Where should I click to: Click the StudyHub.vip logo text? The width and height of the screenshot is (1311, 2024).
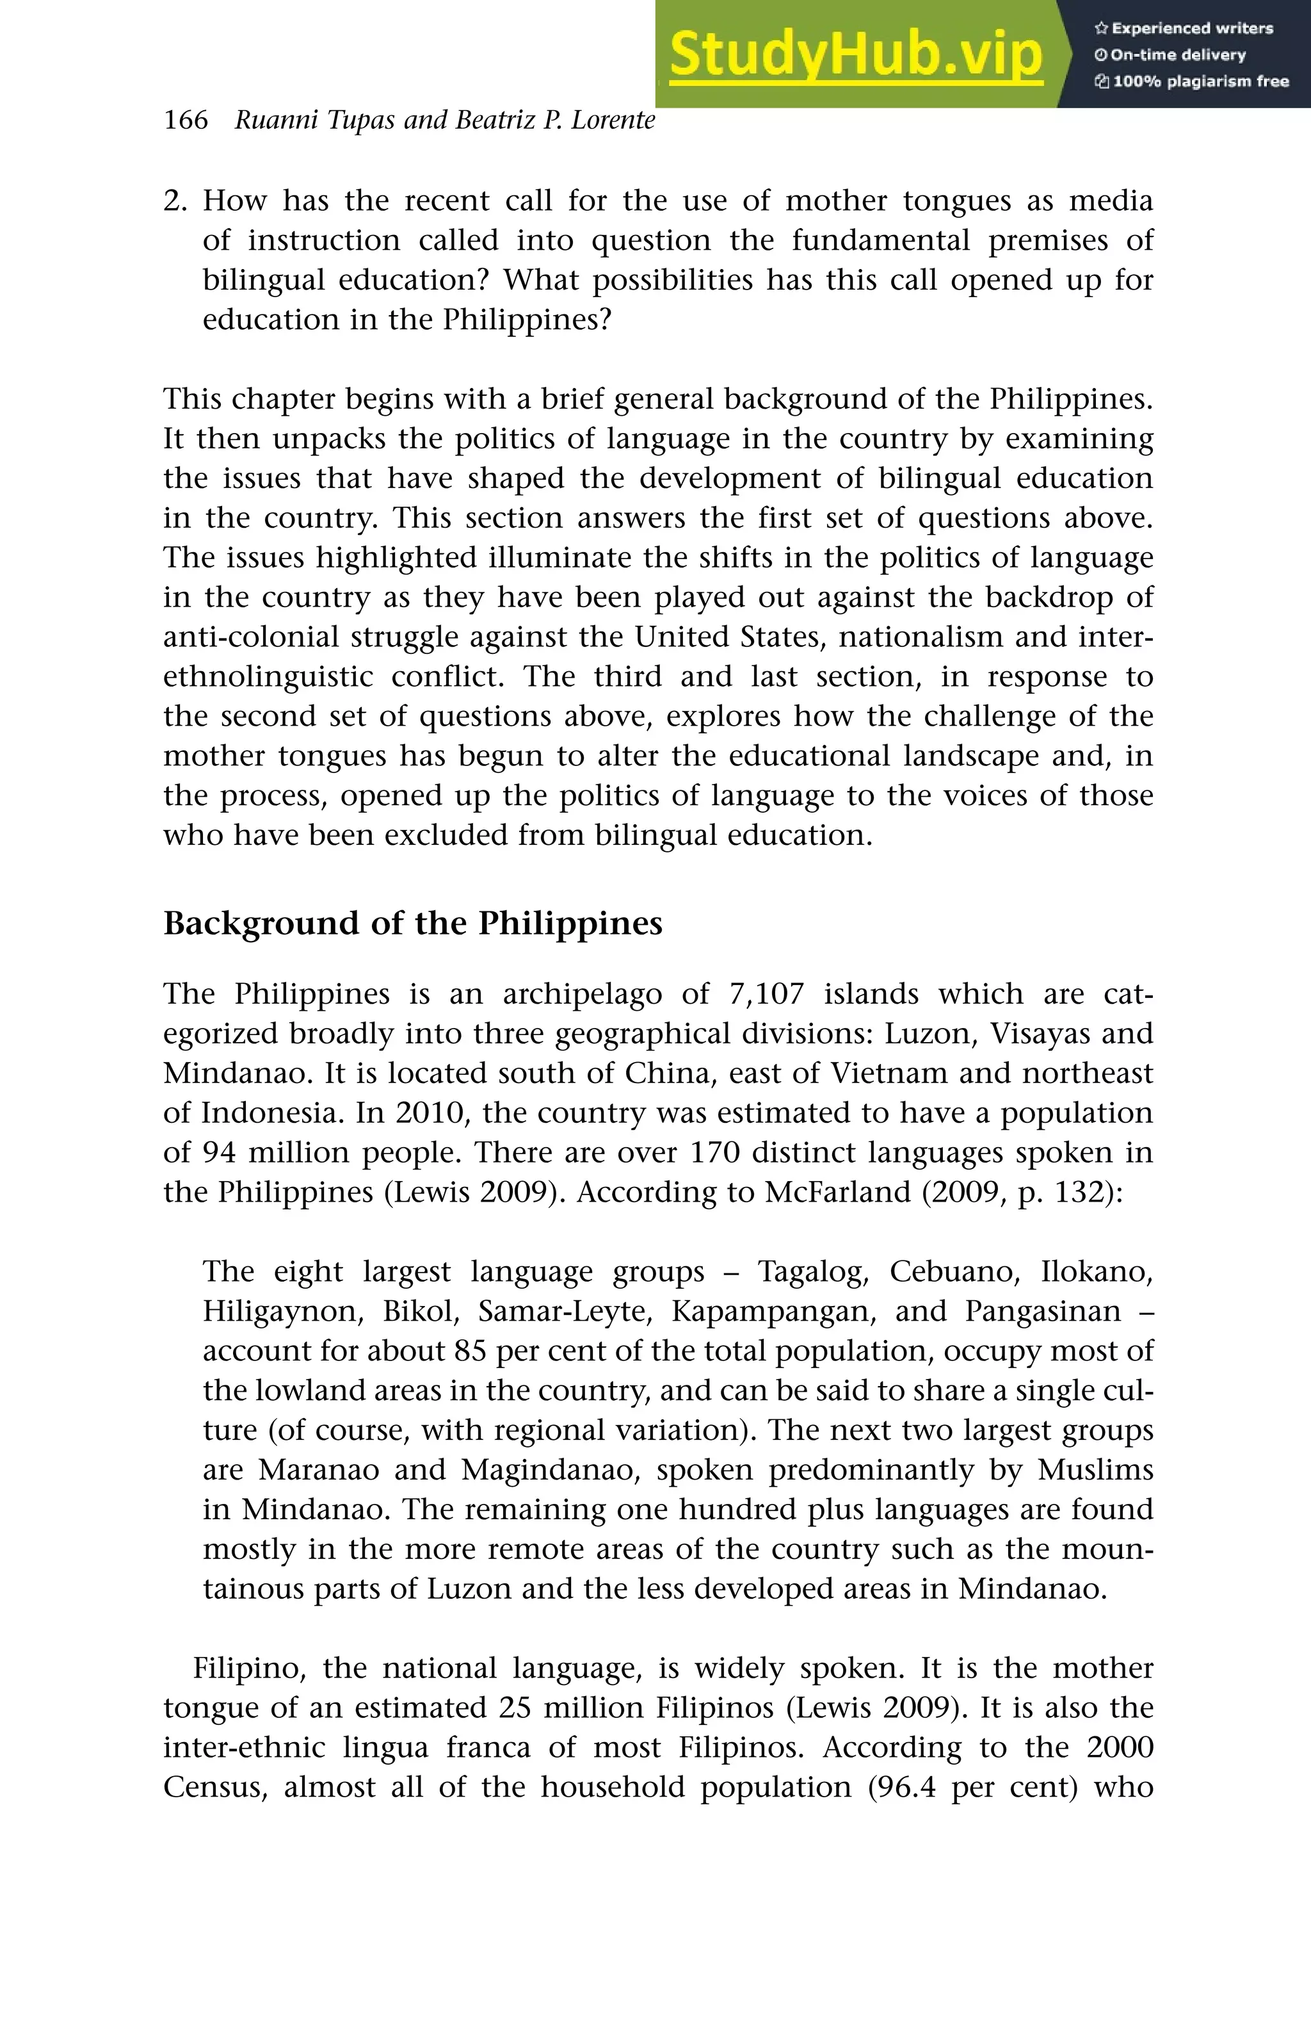(855, 55)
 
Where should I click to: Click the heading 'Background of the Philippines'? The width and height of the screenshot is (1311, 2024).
(412, 923)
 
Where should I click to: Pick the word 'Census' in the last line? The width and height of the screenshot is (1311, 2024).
(216, 1787)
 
